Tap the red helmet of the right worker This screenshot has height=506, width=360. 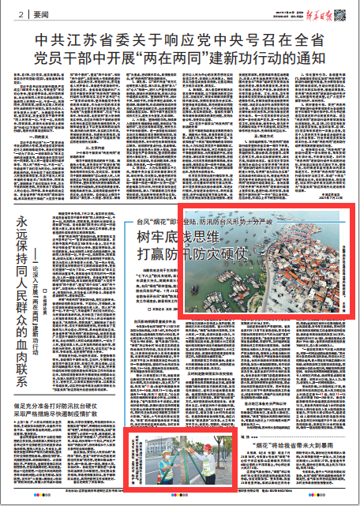(x=207, y=446)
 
